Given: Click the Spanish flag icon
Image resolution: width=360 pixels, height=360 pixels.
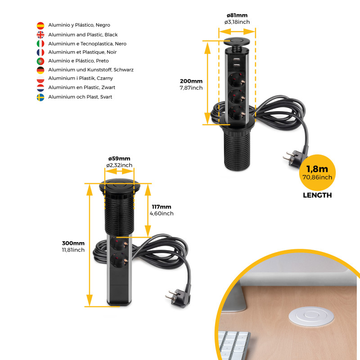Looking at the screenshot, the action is (x=40, y=26).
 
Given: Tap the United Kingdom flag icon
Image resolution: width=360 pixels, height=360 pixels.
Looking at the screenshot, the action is (x=40, y=35).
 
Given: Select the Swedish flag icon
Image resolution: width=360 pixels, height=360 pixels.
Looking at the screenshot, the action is (x=40, y=97).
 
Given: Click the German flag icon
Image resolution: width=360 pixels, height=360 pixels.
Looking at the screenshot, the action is (x=40, y=70).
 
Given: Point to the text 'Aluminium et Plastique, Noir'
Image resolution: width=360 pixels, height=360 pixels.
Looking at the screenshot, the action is (x=82, y=52).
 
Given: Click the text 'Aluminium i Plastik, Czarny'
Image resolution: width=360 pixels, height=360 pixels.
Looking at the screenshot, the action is (x=81, y=78).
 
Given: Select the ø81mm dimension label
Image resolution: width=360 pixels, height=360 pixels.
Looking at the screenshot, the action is (x=237, y=15).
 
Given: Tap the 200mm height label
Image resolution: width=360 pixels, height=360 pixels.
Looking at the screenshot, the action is (x=191, y=81).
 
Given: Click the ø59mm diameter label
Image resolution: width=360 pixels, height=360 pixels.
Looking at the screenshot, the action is (x=119, y=159).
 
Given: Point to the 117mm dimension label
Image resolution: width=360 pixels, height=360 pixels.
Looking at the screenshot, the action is (x=162, y=207).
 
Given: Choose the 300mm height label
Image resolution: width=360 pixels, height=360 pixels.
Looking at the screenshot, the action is (x=73, y=243).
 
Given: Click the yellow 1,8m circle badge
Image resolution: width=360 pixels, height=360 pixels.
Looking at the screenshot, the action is (x=317, y=173).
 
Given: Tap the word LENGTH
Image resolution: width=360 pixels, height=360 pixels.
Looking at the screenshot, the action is (x=317, y=195).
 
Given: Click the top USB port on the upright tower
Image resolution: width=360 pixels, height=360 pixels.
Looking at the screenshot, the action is (x=237, y=59).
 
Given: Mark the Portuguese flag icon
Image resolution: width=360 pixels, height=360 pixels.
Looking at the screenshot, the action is (x=40, y=61).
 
